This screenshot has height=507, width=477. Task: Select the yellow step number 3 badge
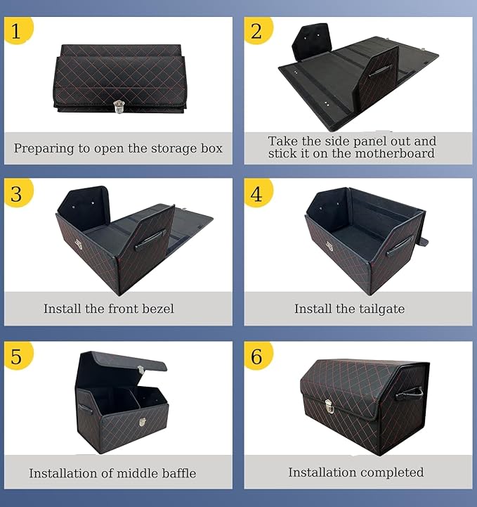[x=18, y=193]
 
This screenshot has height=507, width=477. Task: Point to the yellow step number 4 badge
[x=258, y=193]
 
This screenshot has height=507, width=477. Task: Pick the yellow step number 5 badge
[x=18, y=355]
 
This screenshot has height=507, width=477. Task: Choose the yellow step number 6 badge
[x=258, y=355]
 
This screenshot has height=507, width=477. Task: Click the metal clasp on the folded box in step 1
[x=119, y=107]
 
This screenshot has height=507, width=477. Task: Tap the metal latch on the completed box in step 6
[x=329, y=406]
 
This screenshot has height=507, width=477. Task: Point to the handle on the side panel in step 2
[x=380, y=70]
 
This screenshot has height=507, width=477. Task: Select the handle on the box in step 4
[x=400, y=245]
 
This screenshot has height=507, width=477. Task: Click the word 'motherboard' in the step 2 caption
[x=394, y=153]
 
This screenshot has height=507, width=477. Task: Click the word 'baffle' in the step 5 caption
[x=179, y=473]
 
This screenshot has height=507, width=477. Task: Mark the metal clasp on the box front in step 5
[x=143, y=422]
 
